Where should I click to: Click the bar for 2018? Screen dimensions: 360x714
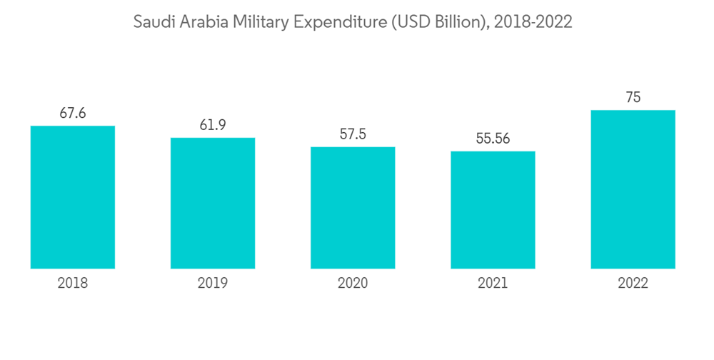tap(73, 197)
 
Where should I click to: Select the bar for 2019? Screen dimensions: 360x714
tap(213, 203)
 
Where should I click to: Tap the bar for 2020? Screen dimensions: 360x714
tap(353, 208)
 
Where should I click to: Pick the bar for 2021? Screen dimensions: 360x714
tap(493, 210)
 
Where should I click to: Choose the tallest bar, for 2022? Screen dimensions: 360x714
tap(633, 189)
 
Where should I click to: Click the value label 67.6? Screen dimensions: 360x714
tap(73, 114)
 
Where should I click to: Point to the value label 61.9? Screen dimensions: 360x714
tap(213, 125)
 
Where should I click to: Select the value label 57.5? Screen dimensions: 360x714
tap(353, 134)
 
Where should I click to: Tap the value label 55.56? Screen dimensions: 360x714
tap(493, 139)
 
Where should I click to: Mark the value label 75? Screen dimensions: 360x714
tap(633, 98)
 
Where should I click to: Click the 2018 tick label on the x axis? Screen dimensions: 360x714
tap(73, 284)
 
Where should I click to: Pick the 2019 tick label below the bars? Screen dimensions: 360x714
tap(213, 284)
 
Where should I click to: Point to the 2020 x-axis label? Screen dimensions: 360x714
tap(353, 284)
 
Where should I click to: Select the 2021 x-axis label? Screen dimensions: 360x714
tap(493, 284)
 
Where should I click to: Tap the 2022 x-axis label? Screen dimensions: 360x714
tap(633, 284)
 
